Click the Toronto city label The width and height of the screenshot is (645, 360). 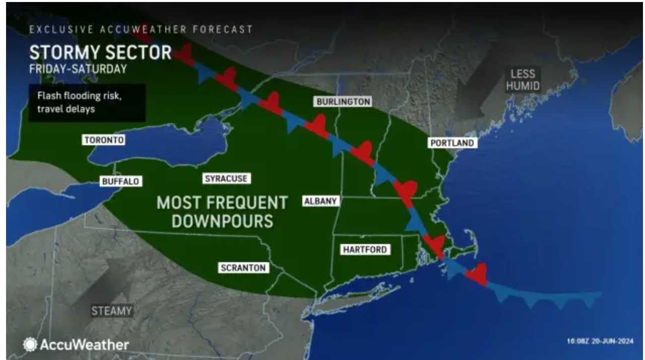104,140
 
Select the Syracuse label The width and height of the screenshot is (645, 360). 226,178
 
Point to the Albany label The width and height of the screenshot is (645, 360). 320,201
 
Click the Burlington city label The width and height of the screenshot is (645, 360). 343,101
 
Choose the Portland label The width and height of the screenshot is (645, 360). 452,143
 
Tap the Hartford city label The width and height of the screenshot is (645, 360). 365,250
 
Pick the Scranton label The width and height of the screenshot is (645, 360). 243,268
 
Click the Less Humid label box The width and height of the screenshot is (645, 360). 523,80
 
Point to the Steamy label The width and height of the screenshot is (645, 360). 111,311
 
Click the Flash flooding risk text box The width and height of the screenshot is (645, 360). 87,102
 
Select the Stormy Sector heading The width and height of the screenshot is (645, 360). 100,52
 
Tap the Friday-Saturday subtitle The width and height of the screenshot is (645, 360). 78,69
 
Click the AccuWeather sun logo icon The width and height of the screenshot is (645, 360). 30,344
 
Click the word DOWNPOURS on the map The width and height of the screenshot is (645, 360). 222,221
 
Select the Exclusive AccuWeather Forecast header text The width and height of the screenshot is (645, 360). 141,29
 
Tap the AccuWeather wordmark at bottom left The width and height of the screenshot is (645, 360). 84,345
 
